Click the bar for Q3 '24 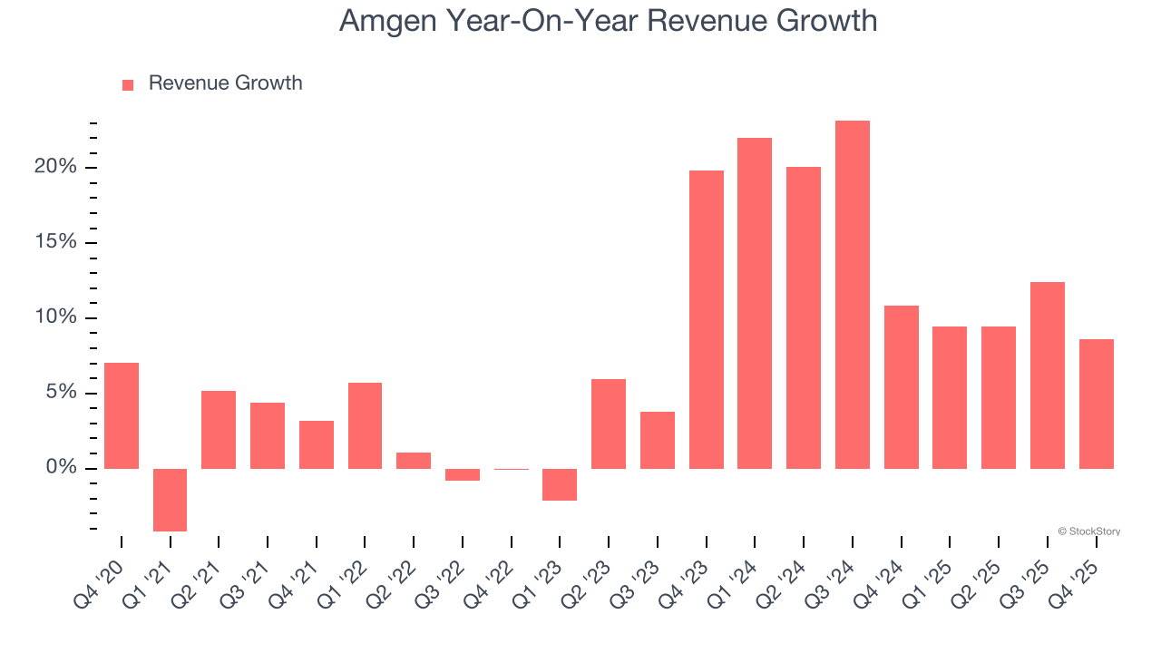[x=853, y=295]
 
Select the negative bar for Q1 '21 [x=170, y=500]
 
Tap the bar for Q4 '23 [x=707, y=319]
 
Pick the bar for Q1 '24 [x=755, y=303]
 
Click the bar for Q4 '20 [x=122, y=415]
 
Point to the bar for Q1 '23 [x=560, y=484]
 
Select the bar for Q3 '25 [x=1048, y=375]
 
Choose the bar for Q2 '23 [x=609, y=424]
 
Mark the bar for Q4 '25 [x=1097, y=404]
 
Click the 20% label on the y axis [x=55, y=167]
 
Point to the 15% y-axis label [x=55, y=242]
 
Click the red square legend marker [x=128, y=84]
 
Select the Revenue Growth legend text [x=225, y=83]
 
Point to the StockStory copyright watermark [x=1088, y=531]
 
